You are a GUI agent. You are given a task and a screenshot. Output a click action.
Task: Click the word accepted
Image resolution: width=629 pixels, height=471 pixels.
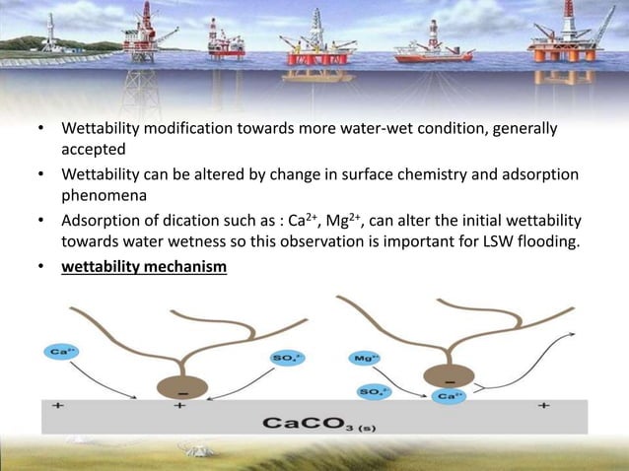(95, 150)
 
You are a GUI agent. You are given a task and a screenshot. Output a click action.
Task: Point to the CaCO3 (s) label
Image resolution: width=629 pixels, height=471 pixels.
(314, 424)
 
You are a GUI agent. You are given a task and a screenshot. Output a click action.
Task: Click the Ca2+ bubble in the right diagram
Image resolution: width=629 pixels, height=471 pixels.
(449, 397)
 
